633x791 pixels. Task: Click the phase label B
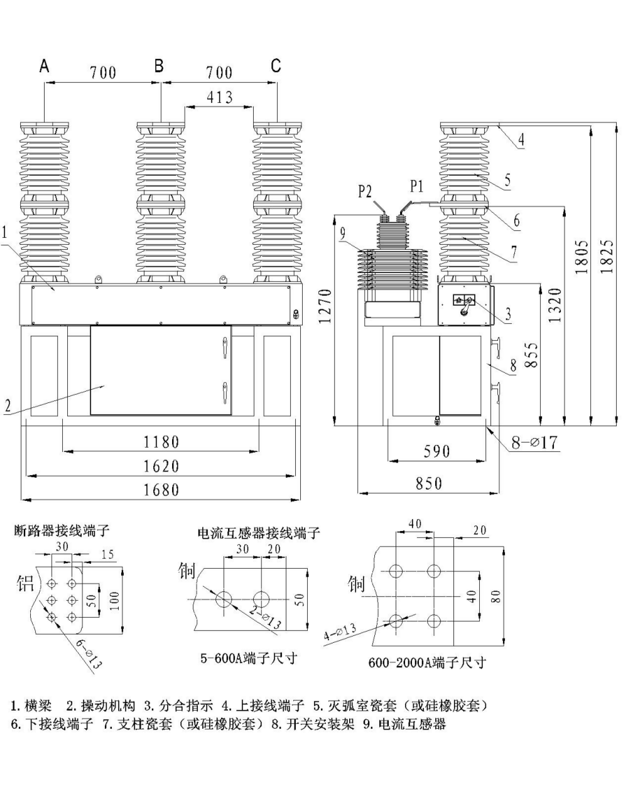160,65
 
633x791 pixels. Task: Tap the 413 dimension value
219,97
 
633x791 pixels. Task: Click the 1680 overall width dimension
161,490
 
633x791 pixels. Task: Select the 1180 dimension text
161,442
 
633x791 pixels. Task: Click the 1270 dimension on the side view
325,306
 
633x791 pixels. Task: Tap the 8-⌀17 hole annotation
534,443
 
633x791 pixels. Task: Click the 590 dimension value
436,451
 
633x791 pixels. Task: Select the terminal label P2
365,191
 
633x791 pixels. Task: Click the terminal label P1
417,186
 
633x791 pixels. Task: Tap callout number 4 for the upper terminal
521,139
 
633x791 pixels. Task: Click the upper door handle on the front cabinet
224,347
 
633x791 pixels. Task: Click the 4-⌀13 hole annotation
340,631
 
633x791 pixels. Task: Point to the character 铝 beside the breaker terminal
25,586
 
